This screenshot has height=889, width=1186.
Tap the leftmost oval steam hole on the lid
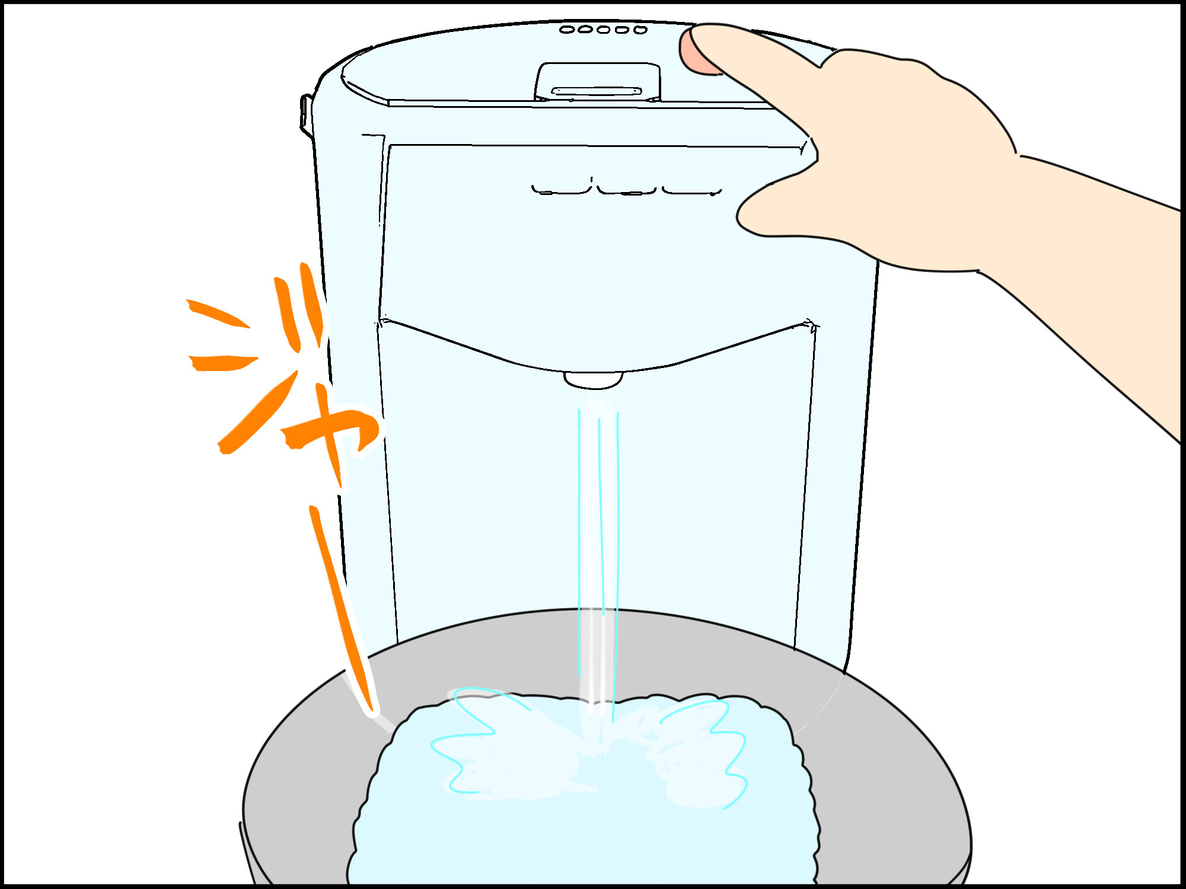pyautogui.click(x=567, y=30)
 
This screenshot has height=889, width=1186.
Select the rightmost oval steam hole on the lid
pyautogui.click(x=640, y=30)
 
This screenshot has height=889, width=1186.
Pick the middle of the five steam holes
pyautogui.click(x=604, y=30)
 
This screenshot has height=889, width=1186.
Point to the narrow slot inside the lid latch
pyautogui.click(x=597, y=91)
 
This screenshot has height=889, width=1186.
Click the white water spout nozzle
pyautogui.click(x=593, y=380)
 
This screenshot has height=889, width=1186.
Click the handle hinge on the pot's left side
pyautogui.click(x=307, y=116)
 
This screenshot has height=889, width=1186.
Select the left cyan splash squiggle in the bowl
pyautogui.click(x=474, y=741)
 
